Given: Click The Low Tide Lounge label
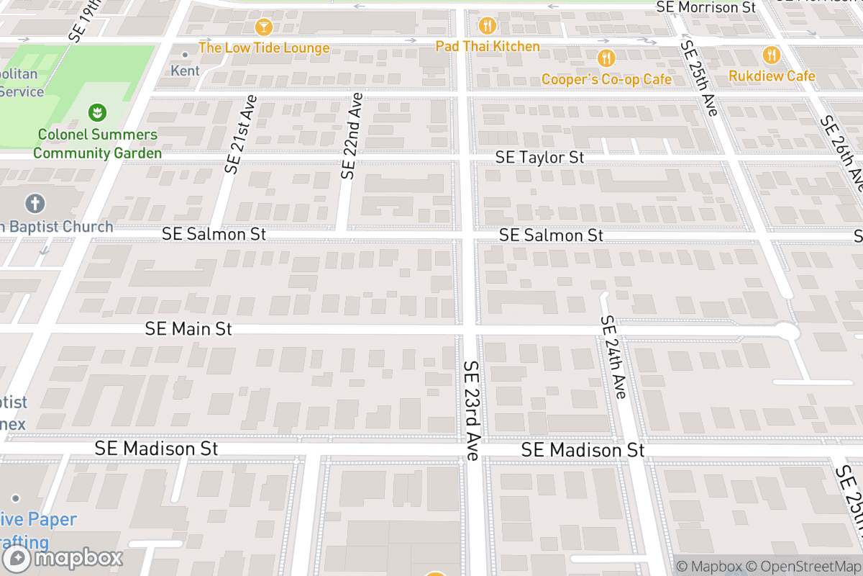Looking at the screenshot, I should coord(264,48).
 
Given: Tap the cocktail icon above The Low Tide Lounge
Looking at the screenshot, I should coord(264,27).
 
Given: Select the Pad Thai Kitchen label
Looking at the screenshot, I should coord(488,46).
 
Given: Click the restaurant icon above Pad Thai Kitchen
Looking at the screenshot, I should coord(488,26).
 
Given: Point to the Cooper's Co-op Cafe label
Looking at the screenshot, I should coord(606,79).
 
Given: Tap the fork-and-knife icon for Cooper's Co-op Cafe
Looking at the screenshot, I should coord(607,58).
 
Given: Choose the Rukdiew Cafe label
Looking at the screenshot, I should coord(772,76).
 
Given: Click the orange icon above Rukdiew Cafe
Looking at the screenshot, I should coord(772,55).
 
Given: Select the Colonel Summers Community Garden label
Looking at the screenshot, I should coord(97,143).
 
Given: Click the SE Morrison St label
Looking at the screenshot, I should coord(706,7).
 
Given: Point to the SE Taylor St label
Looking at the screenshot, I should coord(540,157).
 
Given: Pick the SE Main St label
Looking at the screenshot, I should coord(188,329).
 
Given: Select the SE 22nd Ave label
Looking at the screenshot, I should coord(352,135).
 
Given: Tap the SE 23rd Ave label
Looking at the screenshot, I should coord(472,410).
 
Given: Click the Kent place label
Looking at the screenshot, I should coord(186,71).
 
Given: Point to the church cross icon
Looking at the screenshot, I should coord(35,204).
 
